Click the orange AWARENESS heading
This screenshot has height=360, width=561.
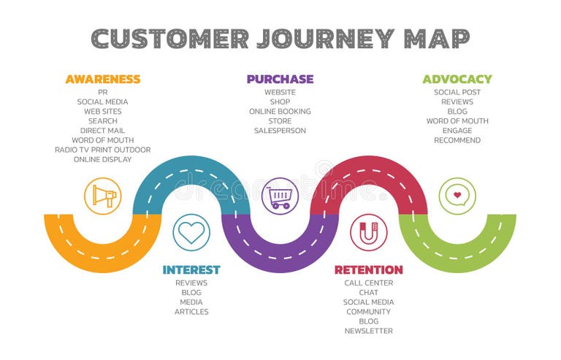pos(102,79)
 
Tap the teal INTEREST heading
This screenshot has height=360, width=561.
pos(191,269)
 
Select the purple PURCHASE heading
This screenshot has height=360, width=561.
pos(280,79)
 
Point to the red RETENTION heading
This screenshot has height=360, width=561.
pos(368,269)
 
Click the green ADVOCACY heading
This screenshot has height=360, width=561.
pos(457,79)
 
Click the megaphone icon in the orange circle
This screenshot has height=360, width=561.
pos(102,196)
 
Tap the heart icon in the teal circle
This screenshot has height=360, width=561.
pos(191,232)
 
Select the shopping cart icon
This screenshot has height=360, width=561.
pos(280,196)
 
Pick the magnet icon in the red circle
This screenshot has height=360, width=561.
pos(368,232)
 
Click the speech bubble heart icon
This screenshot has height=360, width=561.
pos(457,196)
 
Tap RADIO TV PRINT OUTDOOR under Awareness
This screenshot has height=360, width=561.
pos(102,150)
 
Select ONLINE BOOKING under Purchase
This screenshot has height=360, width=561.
pos(280,112)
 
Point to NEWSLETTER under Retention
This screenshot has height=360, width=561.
pos(368,331)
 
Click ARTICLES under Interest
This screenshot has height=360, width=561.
pos(191,312)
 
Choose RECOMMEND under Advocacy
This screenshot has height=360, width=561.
pos(457,140)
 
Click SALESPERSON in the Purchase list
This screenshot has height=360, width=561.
pos(280,131)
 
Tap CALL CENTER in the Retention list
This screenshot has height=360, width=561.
pos(368,283)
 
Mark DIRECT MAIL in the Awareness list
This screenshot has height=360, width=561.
pos(102,131)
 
